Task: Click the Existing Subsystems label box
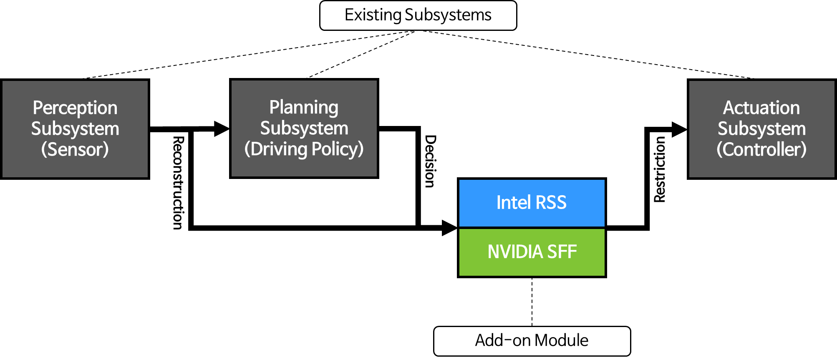coord(418,15)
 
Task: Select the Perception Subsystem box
coord(75,129)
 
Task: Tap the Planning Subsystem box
coord(304,128)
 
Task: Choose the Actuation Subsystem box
coord(761,129)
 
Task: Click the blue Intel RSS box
coord(532,203)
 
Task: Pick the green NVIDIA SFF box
coord(532,252)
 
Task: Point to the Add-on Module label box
coord(532,341)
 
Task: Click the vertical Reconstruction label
coord(179,182)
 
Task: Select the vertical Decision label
coord(430,161)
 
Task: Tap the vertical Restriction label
coord(659,169)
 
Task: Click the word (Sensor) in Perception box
coord(75,149)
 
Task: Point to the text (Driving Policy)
coord(304,149)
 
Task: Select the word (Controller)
coord(761,149)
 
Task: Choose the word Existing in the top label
coord(373,15)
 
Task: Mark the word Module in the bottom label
coord(562,340)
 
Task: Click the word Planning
coord(304,107)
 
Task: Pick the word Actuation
coord(761,108)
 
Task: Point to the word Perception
coord(75,108)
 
